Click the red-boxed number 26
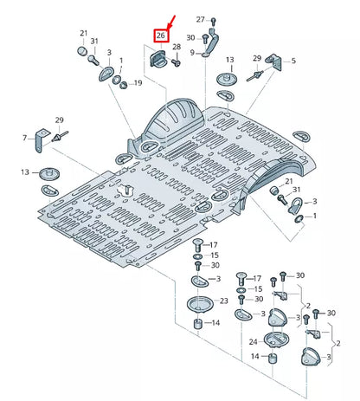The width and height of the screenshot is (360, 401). [160, 36]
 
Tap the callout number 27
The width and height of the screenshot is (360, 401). [200, 19]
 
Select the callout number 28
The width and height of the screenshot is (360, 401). [177, 47]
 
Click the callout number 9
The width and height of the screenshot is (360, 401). [192, 53]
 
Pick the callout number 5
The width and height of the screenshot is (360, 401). [293, 61]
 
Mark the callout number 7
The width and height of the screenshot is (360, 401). [23, 138]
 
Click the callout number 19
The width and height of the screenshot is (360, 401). [138, 83]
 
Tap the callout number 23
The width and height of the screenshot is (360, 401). [223, 301]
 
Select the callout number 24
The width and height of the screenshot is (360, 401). [253, 341]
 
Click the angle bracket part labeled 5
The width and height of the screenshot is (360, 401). [273, 62]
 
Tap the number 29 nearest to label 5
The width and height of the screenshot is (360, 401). [256, 57]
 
